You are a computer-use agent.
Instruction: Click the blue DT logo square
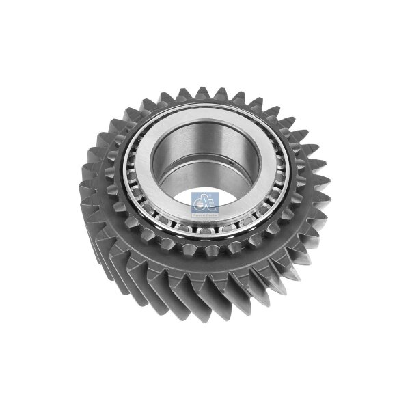click(205, 203)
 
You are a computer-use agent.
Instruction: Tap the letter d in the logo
click(200, 201)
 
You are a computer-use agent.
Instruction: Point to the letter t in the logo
click(208, 201)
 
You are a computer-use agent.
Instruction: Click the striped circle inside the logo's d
click(199, 204)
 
